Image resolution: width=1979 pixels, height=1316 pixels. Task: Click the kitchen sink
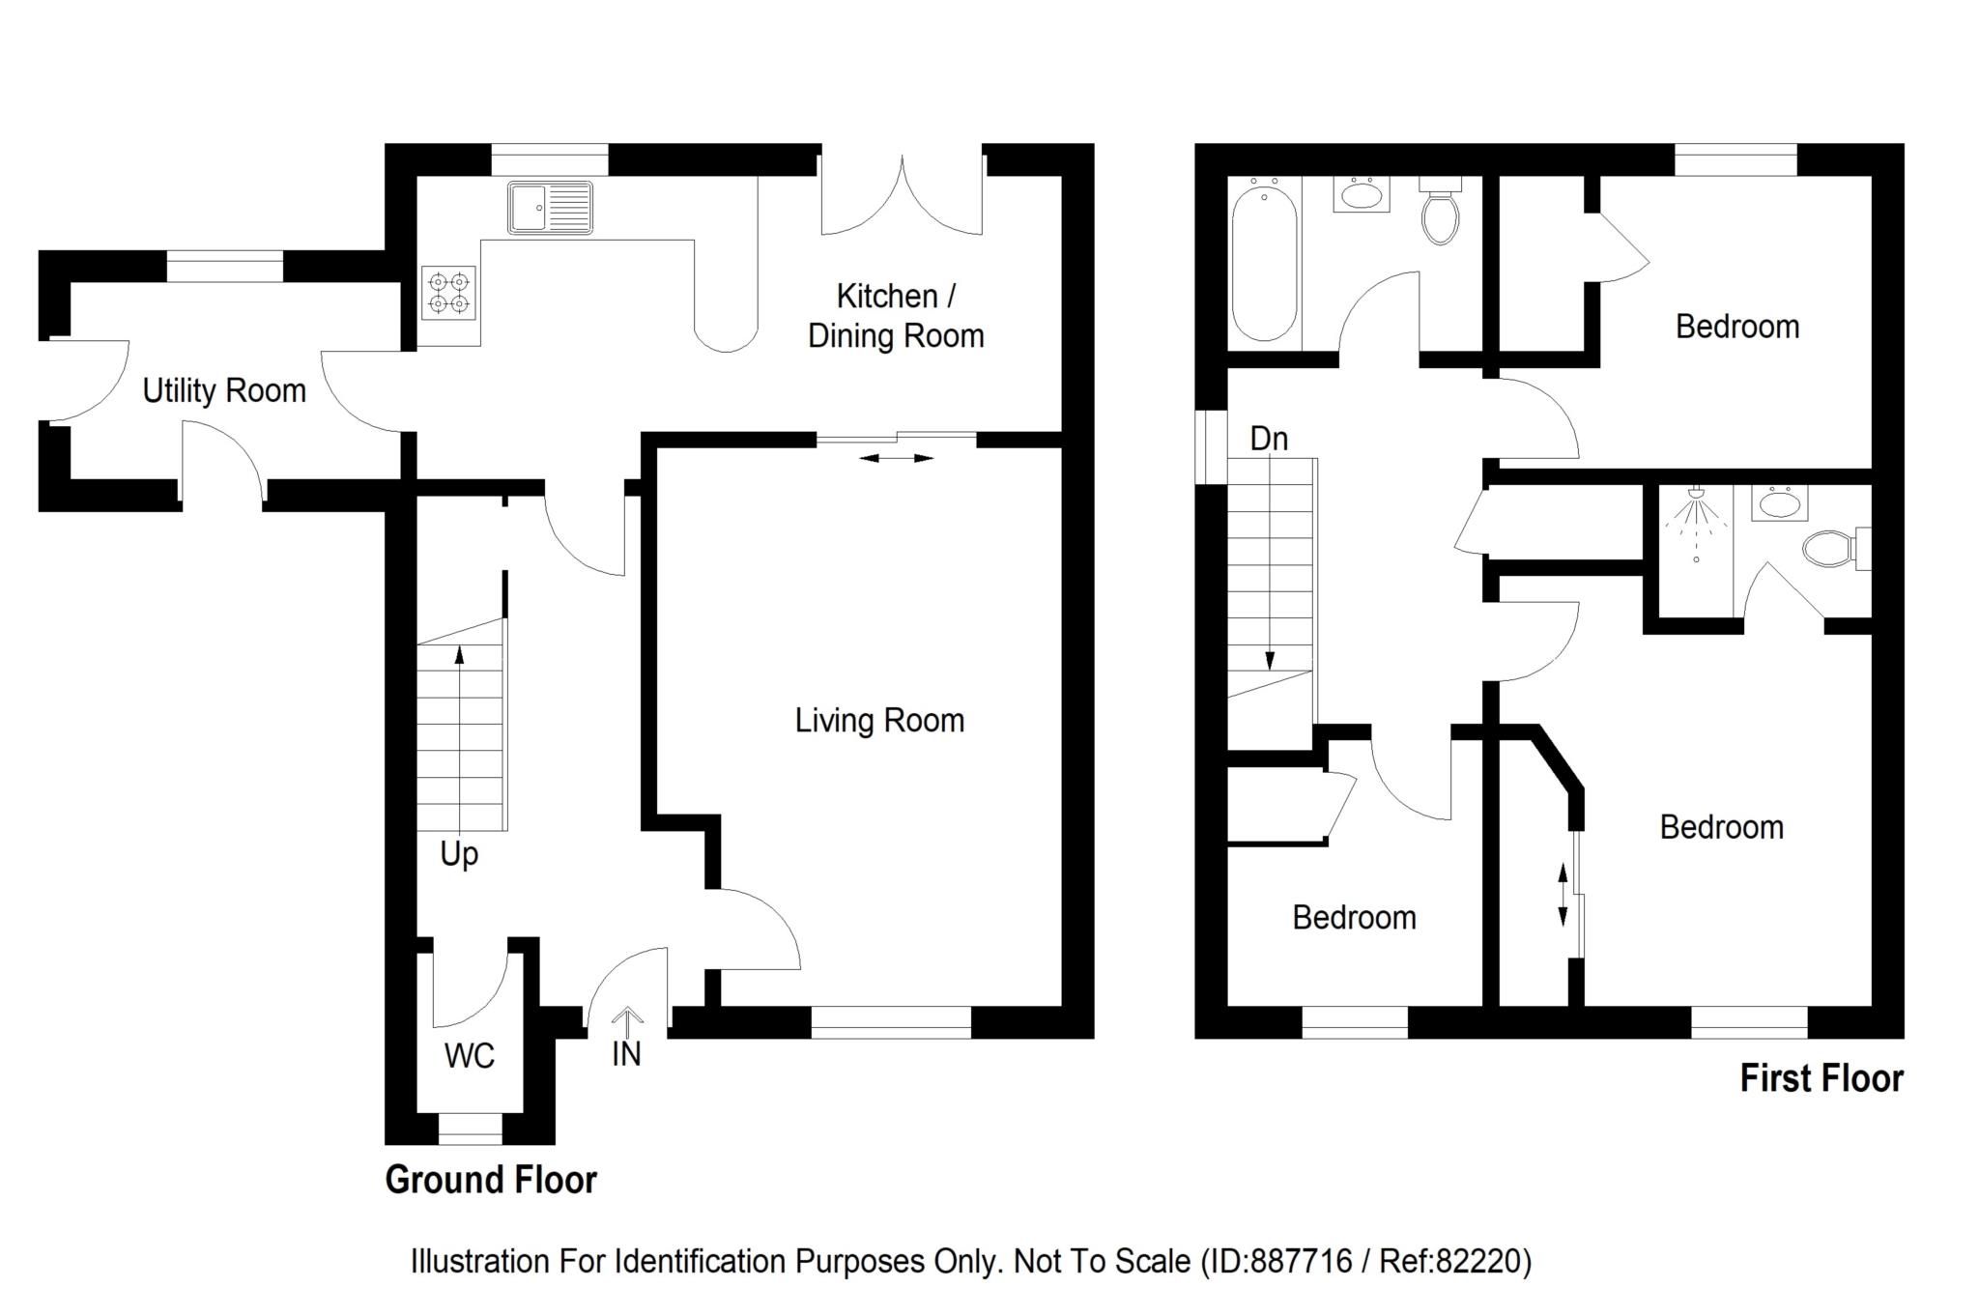(x=550, y=208)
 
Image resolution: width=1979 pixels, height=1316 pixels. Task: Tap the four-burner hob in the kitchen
(x=449, y=293)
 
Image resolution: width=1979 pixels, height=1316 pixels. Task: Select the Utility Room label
(x=224, y=391)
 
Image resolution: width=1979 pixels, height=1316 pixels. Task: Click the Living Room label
(x=879, y=721)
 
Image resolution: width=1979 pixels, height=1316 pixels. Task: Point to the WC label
(x=470, y=1056)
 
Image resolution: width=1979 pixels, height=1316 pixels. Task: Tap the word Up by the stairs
(x=459, y=855)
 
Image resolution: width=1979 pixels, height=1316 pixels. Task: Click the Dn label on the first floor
(x=1269, y=439)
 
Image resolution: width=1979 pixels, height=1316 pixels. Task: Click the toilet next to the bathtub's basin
(x=1439, y=213)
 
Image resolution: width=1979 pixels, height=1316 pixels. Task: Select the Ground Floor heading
(x=491, y=1180)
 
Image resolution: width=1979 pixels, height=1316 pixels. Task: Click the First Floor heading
(x=1821, y=1078)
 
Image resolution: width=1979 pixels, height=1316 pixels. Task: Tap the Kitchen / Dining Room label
(x=896, y=316)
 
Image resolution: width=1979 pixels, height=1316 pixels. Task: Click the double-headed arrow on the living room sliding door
(x=897, y=458)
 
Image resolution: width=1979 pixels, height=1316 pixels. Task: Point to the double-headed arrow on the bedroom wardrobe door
(x=1563, y=896)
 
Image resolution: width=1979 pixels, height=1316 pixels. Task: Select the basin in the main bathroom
(x=1362, y=195)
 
